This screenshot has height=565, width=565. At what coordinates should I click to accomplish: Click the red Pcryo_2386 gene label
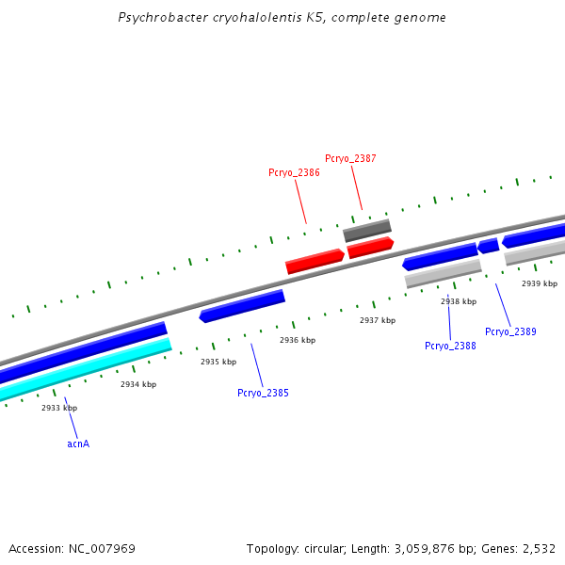coord(294,172)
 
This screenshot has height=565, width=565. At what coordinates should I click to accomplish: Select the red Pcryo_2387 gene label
coord(350,158)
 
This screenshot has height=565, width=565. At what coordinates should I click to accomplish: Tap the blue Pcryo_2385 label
coord(263,393)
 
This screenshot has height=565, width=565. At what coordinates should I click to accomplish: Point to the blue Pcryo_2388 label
coord(450,346)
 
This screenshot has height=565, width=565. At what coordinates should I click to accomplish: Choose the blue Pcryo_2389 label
coord(510,331)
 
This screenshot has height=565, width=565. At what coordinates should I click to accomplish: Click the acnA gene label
coord(78,443)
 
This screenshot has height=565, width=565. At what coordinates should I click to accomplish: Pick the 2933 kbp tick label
coord(59,408)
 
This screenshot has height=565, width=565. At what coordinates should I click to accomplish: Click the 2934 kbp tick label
coord(138,384)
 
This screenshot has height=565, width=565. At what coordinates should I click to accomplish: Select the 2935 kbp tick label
coord(218,362)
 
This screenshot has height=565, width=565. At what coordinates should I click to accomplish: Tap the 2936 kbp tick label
coord(298,340)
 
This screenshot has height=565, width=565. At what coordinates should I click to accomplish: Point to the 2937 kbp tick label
coord(378,320)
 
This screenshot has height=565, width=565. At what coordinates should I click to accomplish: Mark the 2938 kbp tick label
coord(459,301)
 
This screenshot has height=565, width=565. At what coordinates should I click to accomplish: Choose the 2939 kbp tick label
coord(540,283)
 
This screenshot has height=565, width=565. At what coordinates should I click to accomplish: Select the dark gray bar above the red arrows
coord(367,231)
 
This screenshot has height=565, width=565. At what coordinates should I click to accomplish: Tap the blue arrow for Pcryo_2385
coord(242,306)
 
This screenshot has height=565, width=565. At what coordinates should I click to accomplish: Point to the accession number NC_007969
coord(102,548)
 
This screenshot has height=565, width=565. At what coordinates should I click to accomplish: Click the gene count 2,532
coord(539,548)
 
